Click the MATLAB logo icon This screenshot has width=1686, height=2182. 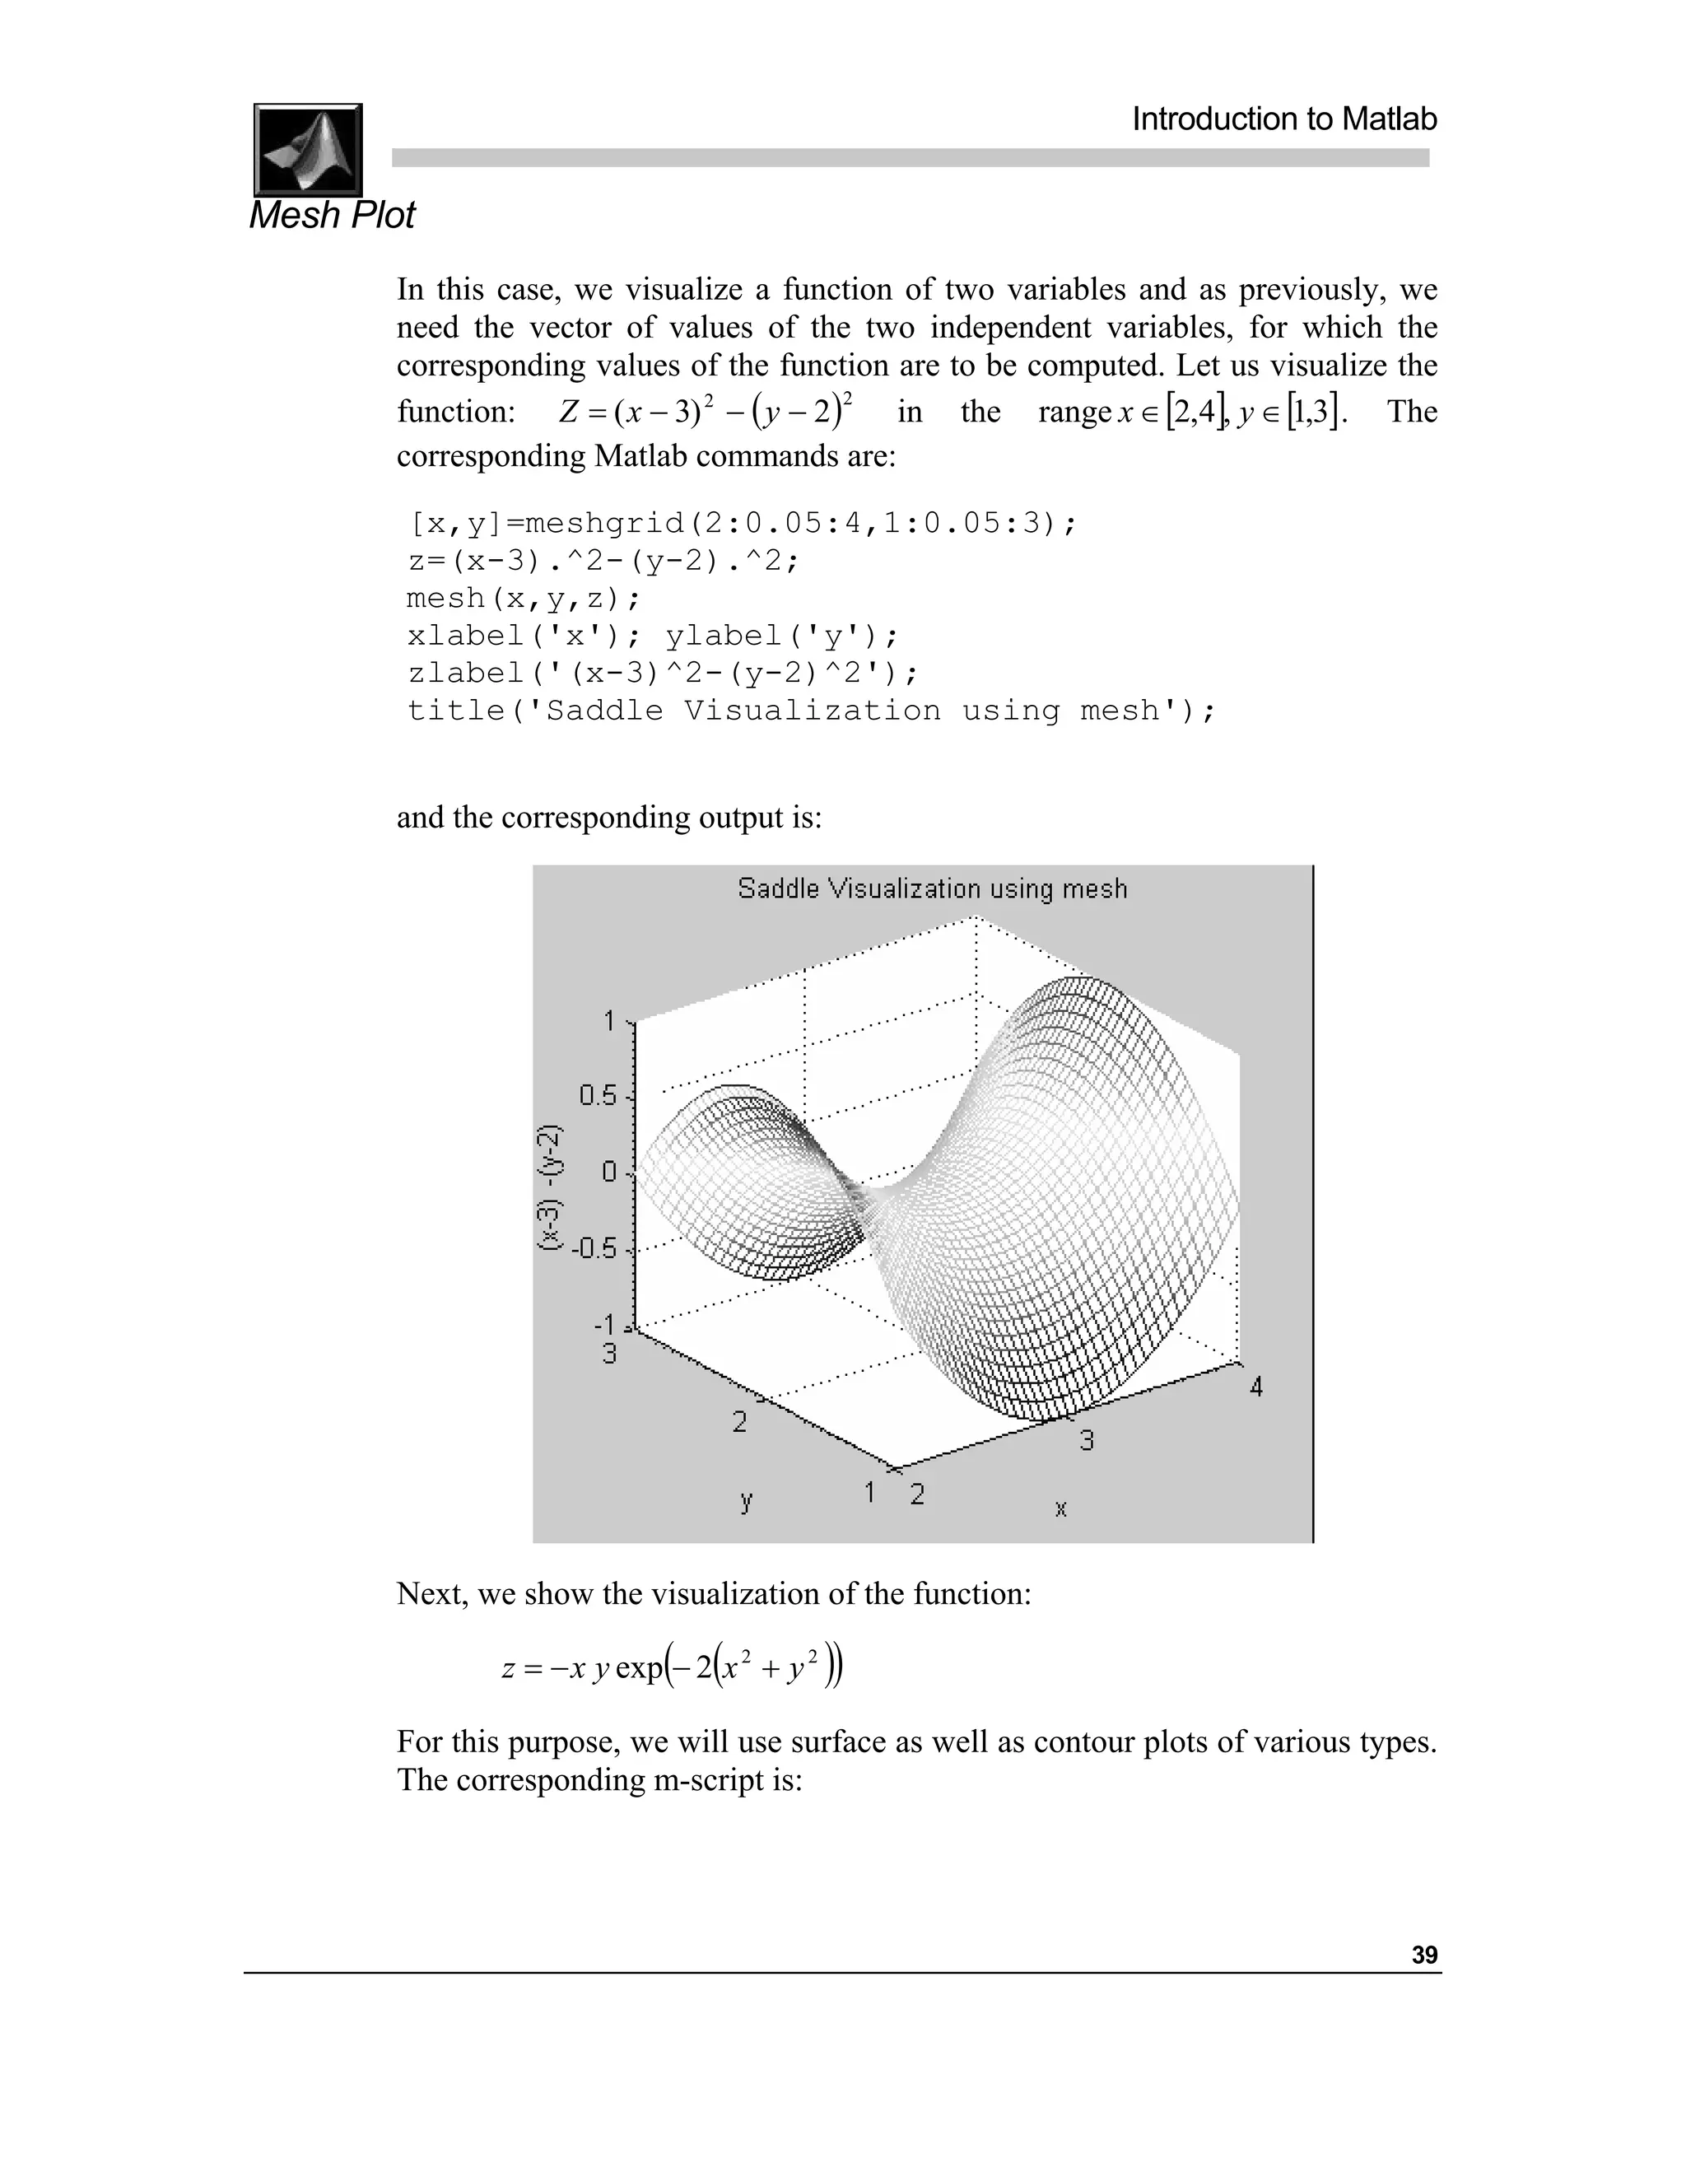pyautogui.click(x=308, y=150)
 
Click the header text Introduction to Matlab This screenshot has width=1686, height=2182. pyautogui.click(x=1283, y=120)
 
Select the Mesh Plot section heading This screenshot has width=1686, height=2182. pyautogui.click(x=332, y=215)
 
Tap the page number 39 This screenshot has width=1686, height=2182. pyautogui.click(x=1424, y=1956)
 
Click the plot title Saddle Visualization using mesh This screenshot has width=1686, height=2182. pyautogui.click(x=932, y=888)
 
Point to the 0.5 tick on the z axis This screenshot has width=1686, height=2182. pyautogui.click(x=598, y=1096)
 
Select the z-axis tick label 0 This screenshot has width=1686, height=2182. pyautogui.click(x=609, y=1172)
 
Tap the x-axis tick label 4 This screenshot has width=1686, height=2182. pyautogui.click(x=1255, y=1387)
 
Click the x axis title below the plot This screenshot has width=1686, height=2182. pyautogui.click(x=1060, y=1508)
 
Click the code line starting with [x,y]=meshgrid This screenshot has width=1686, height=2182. pyautogui.click(x=742, y=524)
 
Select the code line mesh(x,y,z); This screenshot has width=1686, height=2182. pyautogui.click(x=524, y=599)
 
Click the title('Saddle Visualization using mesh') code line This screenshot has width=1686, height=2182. pyautogui.click(x=811, y=711)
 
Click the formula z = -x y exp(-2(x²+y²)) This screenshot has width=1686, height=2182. pyautogui.click(x=673, y=1667)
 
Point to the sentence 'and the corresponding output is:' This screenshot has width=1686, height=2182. pyautogui.click(x=609, y=818)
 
